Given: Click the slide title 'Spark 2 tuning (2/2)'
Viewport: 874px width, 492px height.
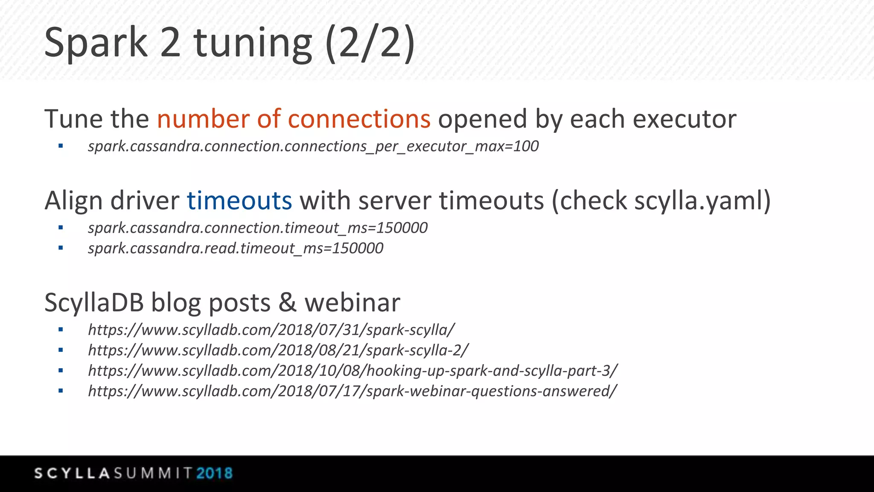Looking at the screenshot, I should (x=229, y=43).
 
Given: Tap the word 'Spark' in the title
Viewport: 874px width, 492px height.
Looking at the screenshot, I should (x=96, y=43).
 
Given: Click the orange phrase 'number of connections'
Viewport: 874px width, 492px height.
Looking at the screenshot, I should (x=294, y=119).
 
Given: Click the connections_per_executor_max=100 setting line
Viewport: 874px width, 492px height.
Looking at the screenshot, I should (x=313, y=146).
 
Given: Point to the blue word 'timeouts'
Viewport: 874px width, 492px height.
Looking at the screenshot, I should (x=239, y=200).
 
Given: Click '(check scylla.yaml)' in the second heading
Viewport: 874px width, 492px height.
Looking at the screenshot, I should (x=661, y=200).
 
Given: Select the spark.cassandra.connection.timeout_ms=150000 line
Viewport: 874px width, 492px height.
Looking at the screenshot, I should (x=258, y=228).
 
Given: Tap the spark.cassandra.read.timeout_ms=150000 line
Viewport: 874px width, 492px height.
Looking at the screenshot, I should (x=236, y=248).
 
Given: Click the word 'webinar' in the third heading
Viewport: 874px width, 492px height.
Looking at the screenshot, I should (x=352, y=302).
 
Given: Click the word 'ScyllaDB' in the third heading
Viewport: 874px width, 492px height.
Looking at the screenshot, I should (x=94, y=302).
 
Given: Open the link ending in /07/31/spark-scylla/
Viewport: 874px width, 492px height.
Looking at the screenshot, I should (x=271, y=330).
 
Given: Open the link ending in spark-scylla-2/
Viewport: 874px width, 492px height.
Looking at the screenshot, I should (x=278, y=350).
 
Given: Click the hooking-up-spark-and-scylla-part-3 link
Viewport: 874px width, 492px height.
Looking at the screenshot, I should (x=353, y=370).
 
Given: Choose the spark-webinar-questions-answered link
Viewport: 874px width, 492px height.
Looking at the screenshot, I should (x=353, y=391).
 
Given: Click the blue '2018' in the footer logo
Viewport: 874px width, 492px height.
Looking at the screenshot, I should (x=215, y=473).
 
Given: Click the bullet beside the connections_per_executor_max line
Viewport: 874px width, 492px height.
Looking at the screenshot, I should (x=61, y=146).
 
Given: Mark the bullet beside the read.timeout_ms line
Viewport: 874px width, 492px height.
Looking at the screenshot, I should (x=61, y=248).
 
